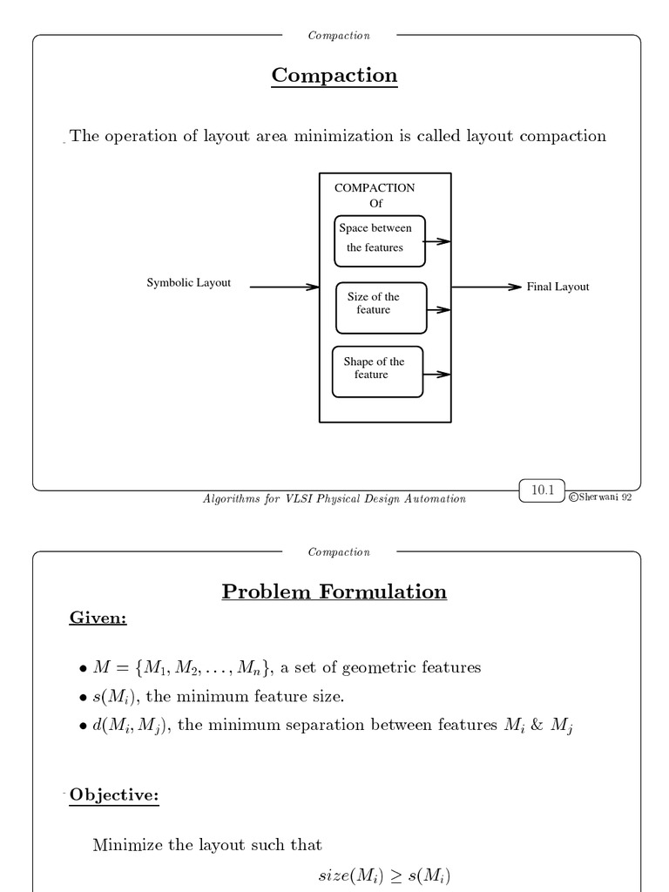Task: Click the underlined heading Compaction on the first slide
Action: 334,76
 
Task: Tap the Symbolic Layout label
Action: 188,283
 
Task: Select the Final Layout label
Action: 557,287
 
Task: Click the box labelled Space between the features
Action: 380,240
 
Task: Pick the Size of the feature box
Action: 381,307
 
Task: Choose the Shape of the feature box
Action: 377,371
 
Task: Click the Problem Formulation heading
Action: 334,592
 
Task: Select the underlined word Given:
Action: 98,618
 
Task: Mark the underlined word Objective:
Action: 114,795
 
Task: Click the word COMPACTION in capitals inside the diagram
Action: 375,188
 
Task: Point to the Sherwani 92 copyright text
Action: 601,497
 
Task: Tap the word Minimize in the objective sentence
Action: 127,845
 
